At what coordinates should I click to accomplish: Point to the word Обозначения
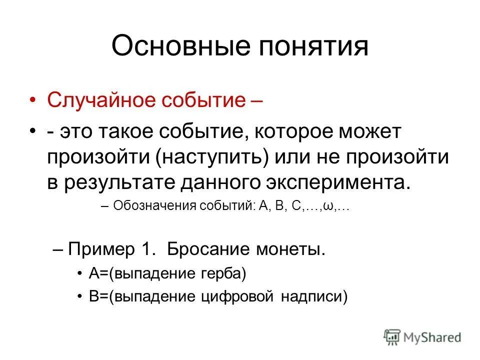pyautogui.click(x=149, y=207)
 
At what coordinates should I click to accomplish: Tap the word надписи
pyautogui.click(x=313, y=296)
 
